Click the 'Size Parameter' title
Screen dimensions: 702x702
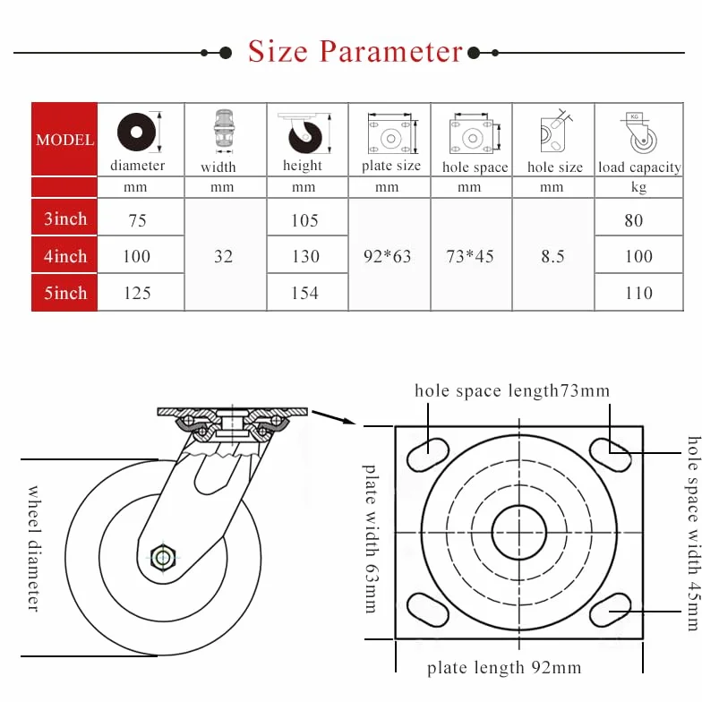click(x=355, y=52)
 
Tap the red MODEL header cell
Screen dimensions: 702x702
click(x=64, y=140)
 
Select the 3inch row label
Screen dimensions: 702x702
click(x=64, y=218)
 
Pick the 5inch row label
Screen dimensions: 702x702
click(x=64, y=293)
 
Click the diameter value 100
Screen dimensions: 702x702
click(x=136, y=256)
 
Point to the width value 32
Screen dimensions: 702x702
click(x=223, y=256)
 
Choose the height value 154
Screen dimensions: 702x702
click(x=304, y=293)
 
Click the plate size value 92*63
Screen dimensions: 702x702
click(x=387, y=256)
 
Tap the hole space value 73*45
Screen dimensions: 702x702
click(x=469, y=256)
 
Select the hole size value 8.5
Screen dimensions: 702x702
click(x=552, y=256)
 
